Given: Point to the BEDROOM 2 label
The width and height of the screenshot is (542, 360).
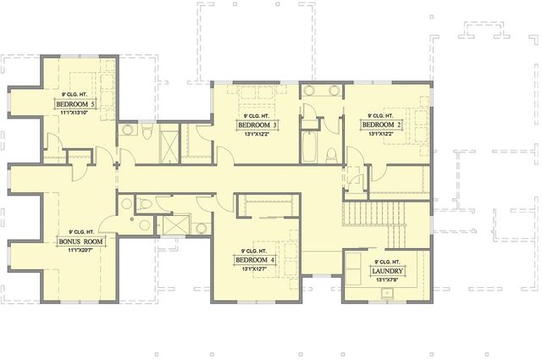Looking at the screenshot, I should click(381, 124).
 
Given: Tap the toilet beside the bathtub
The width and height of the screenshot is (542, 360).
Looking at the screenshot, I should click(332, 153).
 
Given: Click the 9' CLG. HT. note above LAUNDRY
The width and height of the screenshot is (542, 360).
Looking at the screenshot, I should click(387, 262).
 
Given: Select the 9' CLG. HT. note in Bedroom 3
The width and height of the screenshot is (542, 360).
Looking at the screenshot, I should click(257, 115).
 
